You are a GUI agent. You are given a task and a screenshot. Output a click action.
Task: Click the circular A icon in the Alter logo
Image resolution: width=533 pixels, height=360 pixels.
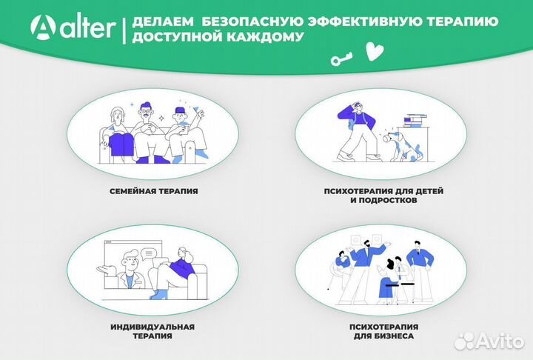(44, 27)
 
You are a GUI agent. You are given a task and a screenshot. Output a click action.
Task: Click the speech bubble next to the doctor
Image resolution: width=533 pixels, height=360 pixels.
(149, 253)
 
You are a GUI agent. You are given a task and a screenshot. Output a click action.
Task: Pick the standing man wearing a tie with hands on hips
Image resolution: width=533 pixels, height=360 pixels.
(420, 267)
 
